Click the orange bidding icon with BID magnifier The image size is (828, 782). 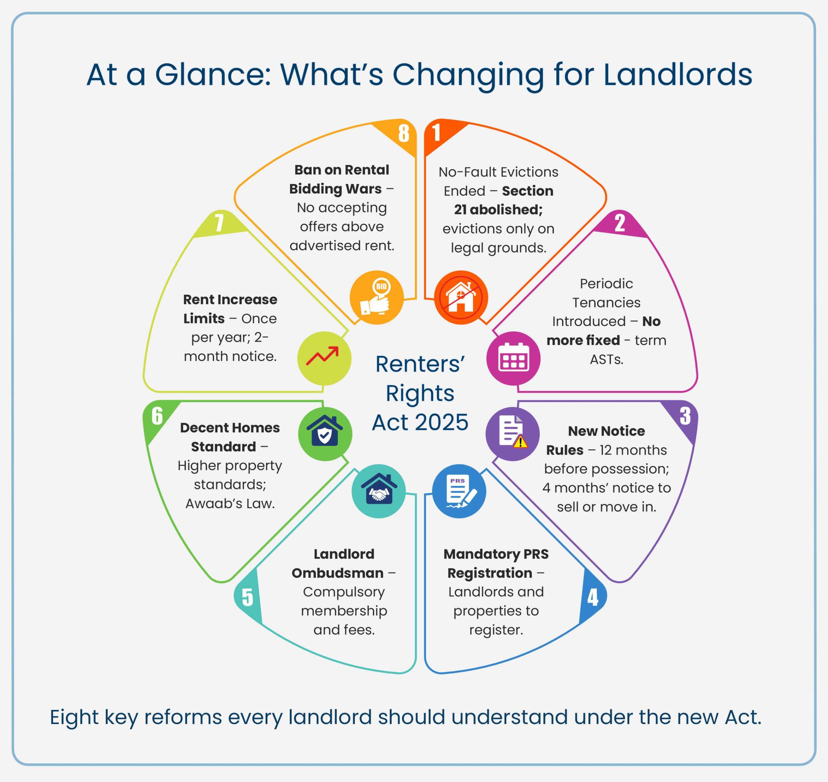click(x=376, y=297)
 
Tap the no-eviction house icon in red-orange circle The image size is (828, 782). click(x=461, y=297)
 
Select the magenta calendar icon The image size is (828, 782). click(x=513, y=358)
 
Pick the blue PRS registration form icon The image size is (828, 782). click(x=459, y=491)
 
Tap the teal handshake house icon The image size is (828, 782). click(x=378, y=491)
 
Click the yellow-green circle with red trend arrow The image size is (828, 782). click(x=324, y=358)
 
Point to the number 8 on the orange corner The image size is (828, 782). click(x=403, y=133)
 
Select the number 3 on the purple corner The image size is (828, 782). click(x=685, y=416)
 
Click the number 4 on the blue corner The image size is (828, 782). click(x=593, y=597)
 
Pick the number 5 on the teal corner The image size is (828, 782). click(x=247, y=597)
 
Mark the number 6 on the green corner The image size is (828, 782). click(x=157, y=416)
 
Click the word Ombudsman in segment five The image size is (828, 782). click(x=337, y=573)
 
